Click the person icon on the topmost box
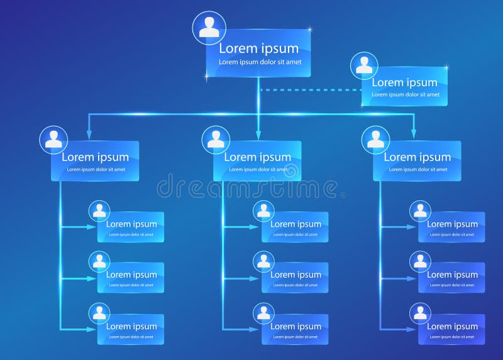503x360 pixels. [x=210, y=27]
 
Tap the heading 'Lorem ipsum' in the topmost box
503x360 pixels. [x=258, y=48]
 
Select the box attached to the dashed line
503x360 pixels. [x=404, y=87]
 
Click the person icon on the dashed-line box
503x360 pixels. [x=364, y=65]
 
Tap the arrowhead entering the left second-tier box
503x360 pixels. [x=89, y=134]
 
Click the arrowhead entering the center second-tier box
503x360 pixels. [x=258, y=134]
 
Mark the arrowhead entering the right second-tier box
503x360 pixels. [x=414, y=134]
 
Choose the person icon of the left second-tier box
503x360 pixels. [x=53, y=139]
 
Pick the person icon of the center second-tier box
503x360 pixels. [x=216, y=139]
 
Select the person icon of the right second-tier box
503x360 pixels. [x=376, y=139]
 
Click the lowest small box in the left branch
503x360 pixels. [x=131, y=329]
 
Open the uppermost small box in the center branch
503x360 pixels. [x=296, y=227]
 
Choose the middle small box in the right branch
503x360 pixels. [x=452, y=278]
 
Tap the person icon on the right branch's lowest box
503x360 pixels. [x=421, y=313]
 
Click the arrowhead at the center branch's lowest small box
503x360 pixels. [x=255, y=329]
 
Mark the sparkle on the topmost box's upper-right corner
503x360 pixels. [x=309, y=28]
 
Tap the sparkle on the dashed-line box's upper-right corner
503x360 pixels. [x=446, y=67]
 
